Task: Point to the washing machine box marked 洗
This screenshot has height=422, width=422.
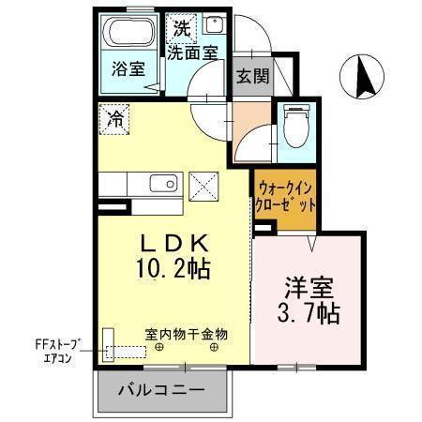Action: coord(180,28)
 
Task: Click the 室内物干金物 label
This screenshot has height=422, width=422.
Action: coord(186,334)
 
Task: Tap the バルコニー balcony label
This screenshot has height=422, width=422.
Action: coord(161,391)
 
